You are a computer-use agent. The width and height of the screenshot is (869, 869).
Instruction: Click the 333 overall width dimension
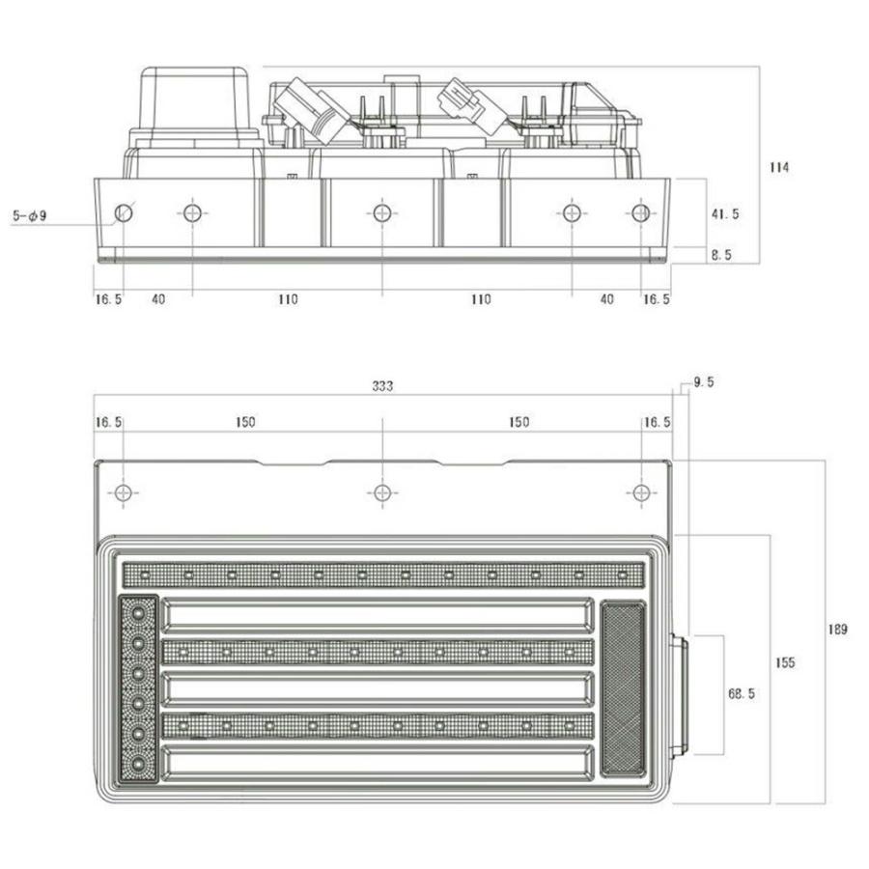[x=382, y=385]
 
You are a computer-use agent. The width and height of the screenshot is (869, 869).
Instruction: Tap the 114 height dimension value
[x=779, y=167]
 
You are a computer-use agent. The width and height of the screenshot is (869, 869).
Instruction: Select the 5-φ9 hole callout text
[x=30, y=215]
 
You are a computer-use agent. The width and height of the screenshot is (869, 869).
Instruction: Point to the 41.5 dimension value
[x=725, y=214]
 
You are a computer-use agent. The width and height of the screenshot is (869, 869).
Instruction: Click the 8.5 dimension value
[x=721, y=255]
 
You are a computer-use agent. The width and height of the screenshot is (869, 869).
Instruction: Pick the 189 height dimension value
[x=837, y=630]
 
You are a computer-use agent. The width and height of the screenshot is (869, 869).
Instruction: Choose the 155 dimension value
[x=785, y=662]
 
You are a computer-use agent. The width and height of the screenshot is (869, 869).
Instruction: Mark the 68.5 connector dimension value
[x=741, y=694]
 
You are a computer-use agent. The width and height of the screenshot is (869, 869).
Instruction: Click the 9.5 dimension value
[x=704, y=382]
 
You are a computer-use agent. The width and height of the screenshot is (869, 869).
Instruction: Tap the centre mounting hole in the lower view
[x=382, y=492]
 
